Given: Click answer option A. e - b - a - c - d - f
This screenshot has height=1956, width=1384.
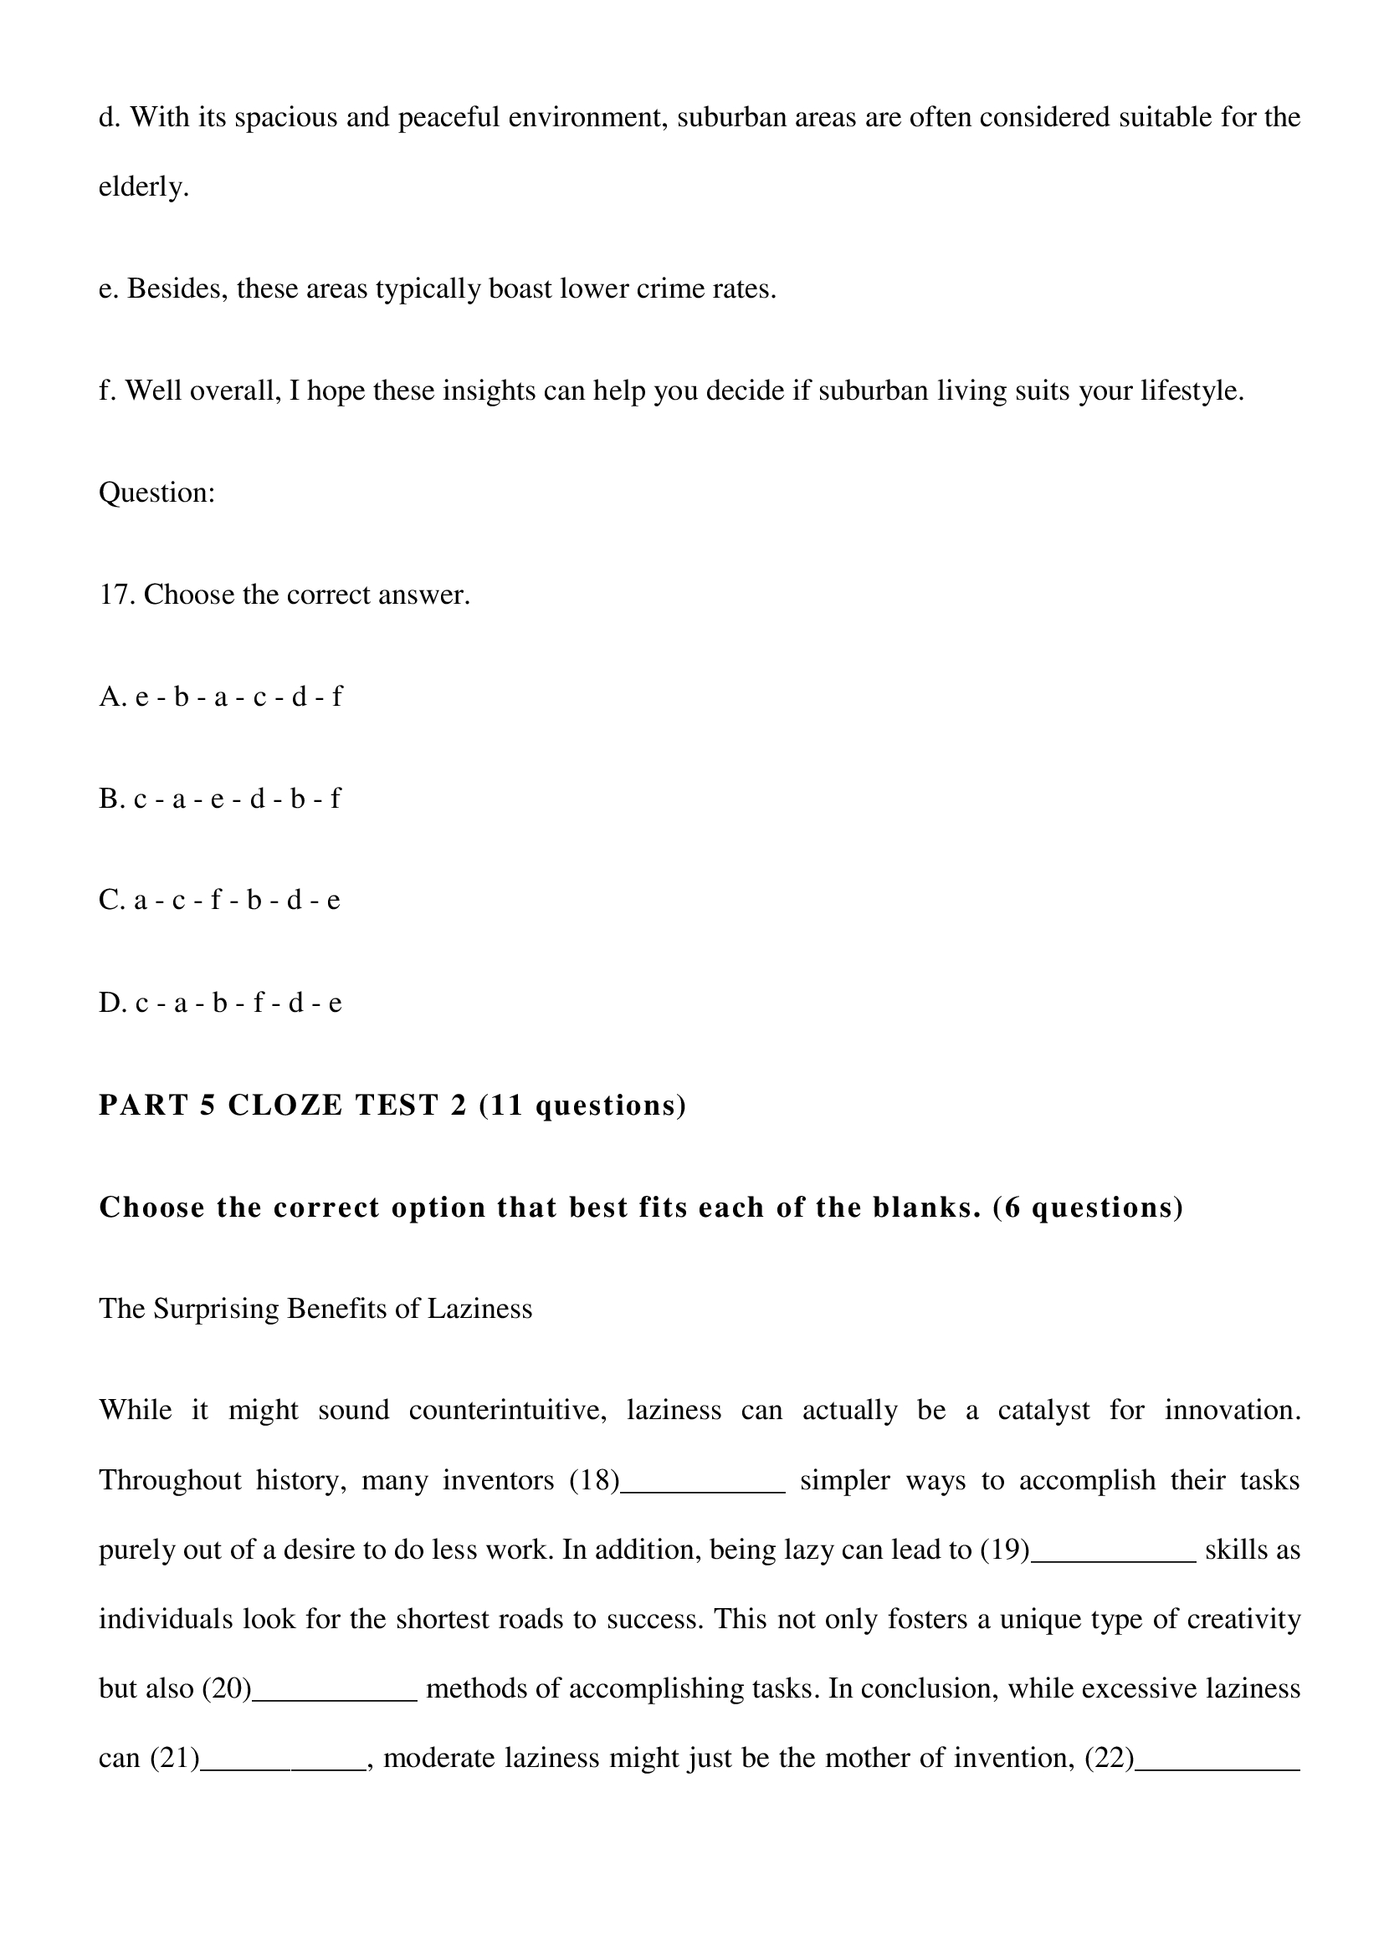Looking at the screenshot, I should pyautogui.click(x=220, y=697).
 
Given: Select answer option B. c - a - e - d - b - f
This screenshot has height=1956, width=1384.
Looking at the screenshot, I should pyautogui.click(x=219, y=799).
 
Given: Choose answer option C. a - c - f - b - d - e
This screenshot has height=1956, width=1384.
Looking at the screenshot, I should pyautogui.click(x=219, y=900).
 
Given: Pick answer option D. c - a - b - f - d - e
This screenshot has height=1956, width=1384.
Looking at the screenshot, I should pyautogui.click(x=220, y=1003).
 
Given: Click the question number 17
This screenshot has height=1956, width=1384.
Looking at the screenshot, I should pyautogui.click(x=118, y=595).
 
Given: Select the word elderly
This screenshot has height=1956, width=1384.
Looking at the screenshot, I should pyautogui.click(x=143, y=186).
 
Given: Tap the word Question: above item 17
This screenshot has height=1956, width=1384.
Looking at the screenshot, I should pyautogui.click(x=156, y=493).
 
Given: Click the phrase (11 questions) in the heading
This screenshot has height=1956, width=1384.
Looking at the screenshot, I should pyautogui.click(x=582, y=1105).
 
